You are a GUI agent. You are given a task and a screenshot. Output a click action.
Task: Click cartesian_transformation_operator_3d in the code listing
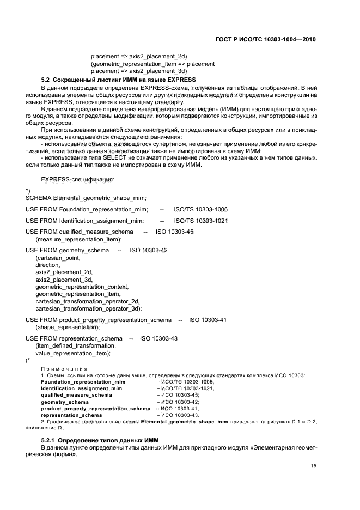(x=88, y=308)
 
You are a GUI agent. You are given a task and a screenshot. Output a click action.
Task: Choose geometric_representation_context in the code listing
(x=82, y=286)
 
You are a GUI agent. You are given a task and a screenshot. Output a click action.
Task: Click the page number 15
(x=313, y=466)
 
